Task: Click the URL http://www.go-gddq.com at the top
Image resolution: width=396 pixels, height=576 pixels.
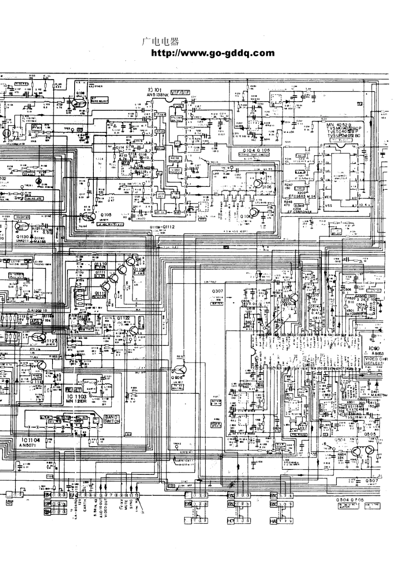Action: coord(213,53)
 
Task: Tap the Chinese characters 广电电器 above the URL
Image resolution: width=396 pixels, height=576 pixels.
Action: coord(160,42)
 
